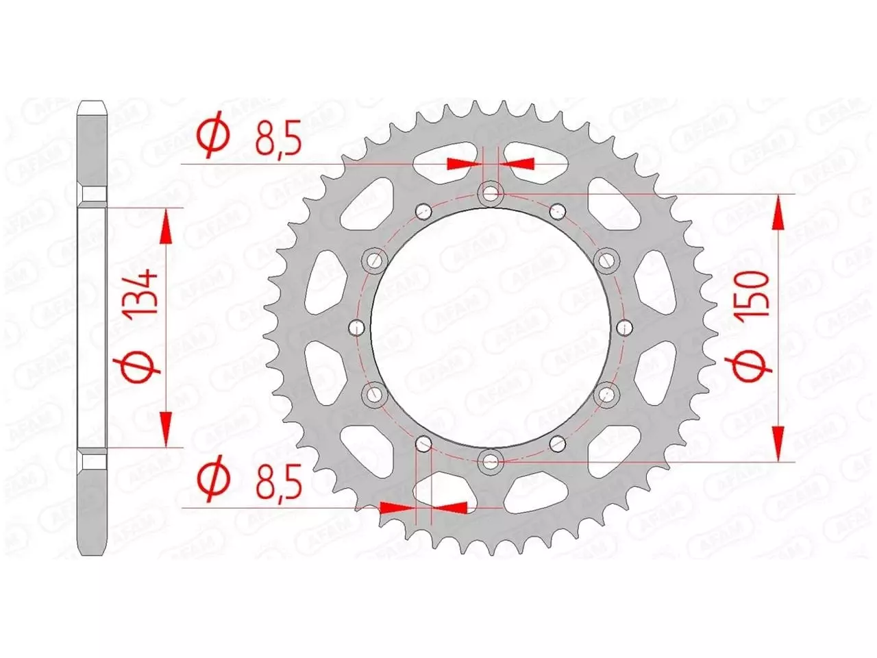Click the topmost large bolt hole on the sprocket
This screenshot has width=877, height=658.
(491, 194)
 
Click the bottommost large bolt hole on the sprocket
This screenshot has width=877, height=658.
(491, 461)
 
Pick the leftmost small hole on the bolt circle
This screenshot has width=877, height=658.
(356, 328)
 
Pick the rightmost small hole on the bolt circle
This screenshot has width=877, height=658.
(625, 328)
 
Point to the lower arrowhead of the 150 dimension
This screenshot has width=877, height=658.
(778, 442)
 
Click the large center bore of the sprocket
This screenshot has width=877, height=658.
(491, 328)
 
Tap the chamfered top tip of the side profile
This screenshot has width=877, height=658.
(92, 106)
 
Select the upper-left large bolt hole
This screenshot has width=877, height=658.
(375, 260)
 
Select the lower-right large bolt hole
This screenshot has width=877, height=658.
(606, 395)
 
